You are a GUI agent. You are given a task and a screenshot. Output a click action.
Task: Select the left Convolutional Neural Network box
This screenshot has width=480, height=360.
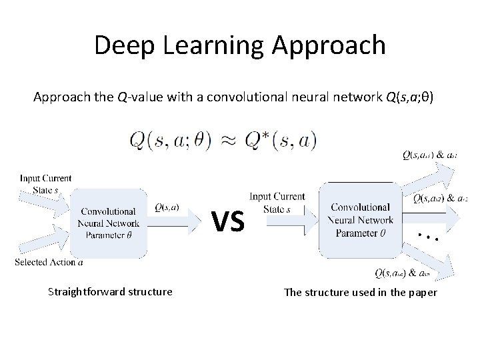(x=109, y=221)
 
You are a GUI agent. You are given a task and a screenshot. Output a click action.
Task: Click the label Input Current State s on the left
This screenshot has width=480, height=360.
(x=45, y=183)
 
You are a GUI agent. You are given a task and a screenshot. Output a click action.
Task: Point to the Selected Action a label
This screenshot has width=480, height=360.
(x=49, y=262)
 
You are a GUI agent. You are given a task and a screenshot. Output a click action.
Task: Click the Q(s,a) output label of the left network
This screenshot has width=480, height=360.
(x=166, y=207)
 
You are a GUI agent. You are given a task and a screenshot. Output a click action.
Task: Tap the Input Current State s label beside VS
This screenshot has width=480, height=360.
(x=277, y=202)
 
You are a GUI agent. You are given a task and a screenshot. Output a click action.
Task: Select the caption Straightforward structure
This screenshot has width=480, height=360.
(x=110, y=291)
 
